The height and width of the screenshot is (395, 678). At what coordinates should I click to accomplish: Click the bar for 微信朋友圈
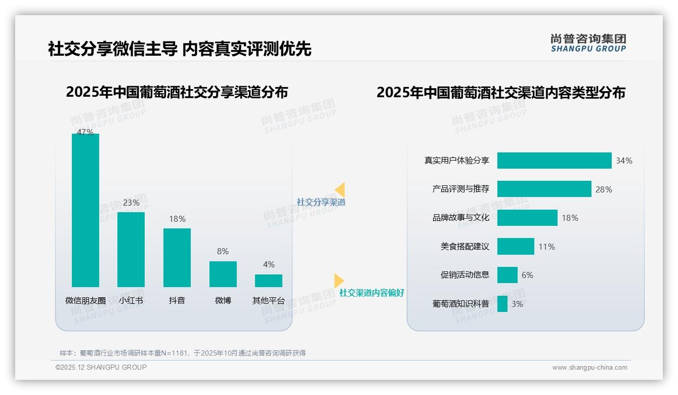pos(86,210)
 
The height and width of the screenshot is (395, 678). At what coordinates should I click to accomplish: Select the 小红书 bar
pos(131,249)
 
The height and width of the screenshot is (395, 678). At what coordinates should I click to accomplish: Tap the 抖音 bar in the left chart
pos(177,257)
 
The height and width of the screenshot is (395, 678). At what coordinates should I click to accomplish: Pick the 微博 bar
pos(223,274)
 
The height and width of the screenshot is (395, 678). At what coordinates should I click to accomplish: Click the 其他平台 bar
pos(269,281)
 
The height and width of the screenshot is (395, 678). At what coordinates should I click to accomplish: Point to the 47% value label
pos(85,132)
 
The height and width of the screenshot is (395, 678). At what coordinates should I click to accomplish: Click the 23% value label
pos(131,203)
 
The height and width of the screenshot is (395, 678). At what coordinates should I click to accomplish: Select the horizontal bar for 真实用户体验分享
pos(554,161)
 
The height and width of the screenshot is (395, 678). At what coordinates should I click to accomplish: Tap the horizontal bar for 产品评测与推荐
pos(544,189)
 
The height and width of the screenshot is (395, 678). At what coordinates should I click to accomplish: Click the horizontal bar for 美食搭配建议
pos(516,247)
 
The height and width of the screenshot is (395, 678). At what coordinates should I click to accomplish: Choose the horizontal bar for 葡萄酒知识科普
pos(502,304)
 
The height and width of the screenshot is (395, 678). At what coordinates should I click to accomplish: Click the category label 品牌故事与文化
pos(460,218)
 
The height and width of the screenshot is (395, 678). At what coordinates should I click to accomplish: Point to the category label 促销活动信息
pos(464,275)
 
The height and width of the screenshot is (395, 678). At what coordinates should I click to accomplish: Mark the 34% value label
pos(624,161)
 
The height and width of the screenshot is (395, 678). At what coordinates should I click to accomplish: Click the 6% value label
pos(527,275)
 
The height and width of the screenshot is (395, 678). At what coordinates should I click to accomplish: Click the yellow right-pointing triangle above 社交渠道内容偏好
pos(338,281)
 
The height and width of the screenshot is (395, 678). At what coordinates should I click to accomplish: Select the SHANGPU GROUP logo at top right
pos(588,43)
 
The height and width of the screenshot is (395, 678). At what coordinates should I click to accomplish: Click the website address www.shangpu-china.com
pos(589,368)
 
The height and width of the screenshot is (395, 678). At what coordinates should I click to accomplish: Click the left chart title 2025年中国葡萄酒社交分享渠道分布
pos(177,92)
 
